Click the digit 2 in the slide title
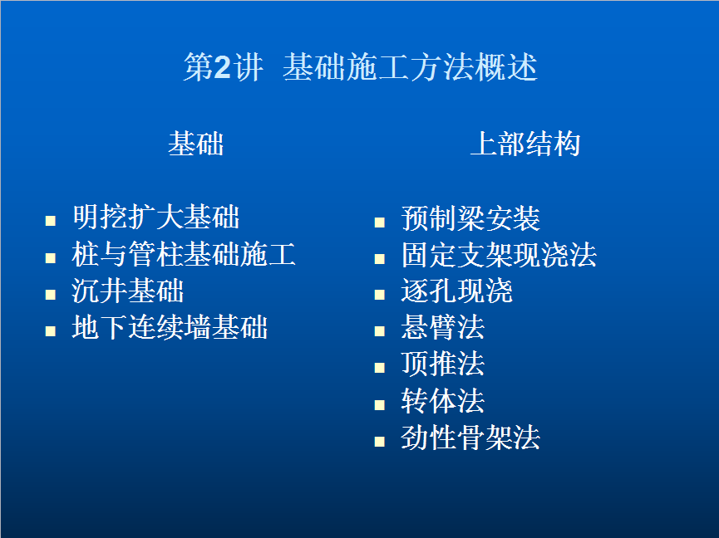223,67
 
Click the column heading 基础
196,144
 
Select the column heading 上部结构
525,144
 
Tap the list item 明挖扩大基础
156,217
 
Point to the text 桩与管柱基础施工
184,254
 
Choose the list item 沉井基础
128,291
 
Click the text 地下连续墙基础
170,327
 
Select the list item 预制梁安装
470,218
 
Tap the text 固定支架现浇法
499,255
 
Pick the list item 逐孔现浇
456,291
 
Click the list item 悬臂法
443,327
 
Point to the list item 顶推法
443,364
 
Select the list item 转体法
443,401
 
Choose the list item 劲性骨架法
470,438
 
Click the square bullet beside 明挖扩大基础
51,221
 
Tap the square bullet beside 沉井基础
51,295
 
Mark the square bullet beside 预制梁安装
380,223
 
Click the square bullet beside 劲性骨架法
380,442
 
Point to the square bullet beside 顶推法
380,368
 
